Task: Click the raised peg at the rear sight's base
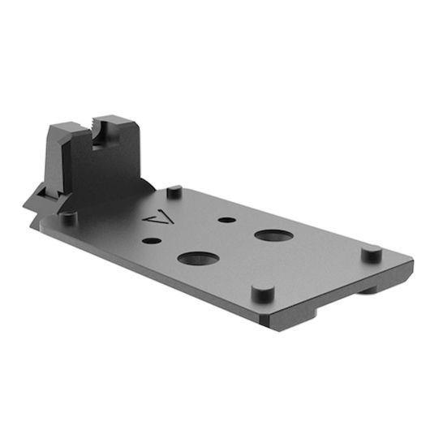pyautogui.click(x=69, y=217)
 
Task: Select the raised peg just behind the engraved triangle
pyautogui.click(x=174, y=193)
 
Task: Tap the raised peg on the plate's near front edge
pyautogui.click(x=259, y=291)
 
